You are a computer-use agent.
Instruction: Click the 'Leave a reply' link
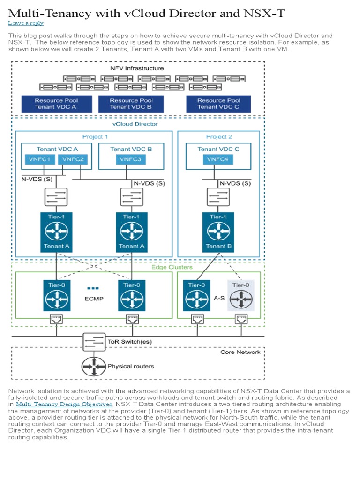[x=26, y=23]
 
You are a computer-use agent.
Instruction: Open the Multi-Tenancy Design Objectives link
[x=64, y=404]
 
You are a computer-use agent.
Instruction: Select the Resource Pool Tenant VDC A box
[x=56, y=104]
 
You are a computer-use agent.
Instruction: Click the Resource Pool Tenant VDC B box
[x=131, y=104]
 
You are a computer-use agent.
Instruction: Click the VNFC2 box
[x=73, y=159]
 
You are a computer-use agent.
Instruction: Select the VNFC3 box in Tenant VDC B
[x=131, y=159]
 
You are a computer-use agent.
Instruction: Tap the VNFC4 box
[x=218, y=159]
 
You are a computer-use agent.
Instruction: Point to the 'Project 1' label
[x=95, y=137]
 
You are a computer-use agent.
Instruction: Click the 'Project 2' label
[x=219, y=137]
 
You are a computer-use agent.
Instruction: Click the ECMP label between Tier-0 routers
[x=94, y=299]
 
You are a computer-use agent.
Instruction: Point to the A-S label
[x=219, y=297]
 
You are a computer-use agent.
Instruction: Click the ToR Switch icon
[x=94, y=342]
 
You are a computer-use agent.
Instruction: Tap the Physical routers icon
[x=94, y=366]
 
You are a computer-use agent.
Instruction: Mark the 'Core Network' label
[x=240, y=352]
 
